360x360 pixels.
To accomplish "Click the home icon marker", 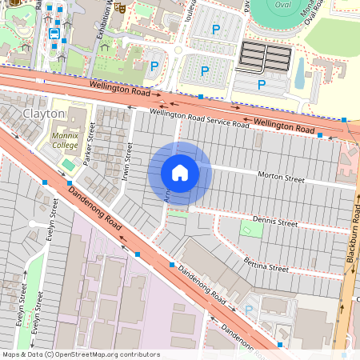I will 179,173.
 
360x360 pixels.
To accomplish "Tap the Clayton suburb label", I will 43,114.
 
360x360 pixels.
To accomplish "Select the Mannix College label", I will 65,142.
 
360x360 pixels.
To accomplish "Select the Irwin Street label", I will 128,161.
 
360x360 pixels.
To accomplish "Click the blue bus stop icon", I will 54,34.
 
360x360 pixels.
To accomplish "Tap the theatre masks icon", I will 119,6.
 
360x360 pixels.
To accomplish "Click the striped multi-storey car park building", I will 266,57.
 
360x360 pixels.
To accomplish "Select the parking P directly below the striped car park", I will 262,84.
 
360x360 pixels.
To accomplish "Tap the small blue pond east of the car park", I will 299,76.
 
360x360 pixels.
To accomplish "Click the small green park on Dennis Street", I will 251,230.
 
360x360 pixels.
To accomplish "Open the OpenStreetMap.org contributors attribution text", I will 104,354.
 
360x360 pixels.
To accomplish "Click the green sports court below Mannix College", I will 66,164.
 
